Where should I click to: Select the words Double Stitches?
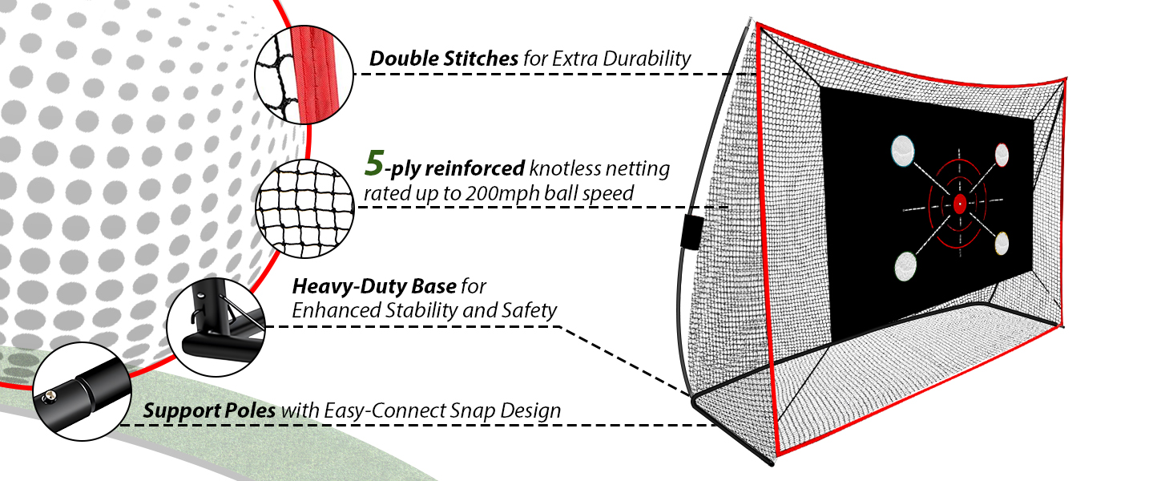(443, 59)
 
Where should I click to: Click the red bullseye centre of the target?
(959, 204)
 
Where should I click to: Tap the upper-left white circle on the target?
(902, 148)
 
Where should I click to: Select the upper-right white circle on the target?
(1002, 153)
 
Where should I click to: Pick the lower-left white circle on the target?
(905, 265)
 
